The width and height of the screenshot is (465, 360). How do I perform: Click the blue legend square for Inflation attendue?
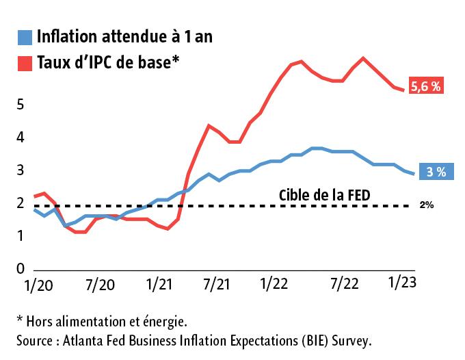pos(25,38)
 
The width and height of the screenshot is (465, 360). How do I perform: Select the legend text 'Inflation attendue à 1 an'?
pos(124,37)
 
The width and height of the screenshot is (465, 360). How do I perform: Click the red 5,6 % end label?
pos(427,86)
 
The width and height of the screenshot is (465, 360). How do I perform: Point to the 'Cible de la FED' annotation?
pos(325,194)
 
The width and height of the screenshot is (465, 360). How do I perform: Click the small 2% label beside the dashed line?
pos(427,205)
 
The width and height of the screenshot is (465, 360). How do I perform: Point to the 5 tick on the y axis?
pos(21,105)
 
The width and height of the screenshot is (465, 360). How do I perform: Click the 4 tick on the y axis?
pos(21,138)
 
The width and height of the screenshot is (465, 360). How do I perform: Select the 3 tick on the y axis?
pos(21,170)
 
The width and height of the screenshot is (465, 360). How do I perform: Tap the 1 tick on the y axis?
pos(21,236)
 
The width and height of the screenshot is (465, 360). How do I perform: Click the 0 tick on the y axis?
pos(21,269)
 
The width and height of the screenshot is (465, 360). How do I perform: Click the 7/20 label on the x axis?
pos(100,283)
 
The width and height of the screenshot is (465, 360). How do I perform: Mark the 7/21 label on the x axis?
pos(216,283)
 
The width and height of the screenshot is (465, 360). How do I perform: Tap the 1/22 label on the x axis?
pos(274,283)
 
